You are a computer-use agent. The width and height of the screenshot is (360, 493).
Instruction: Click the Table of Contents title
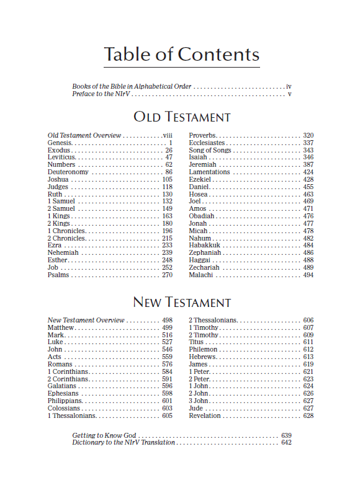click(x=181, y=55)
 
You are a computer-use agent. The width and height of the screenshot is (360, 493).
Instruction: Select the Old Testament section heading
click(x=182, y=117)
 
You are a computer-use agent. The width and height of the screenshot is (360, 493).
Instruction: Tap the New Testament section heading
click(x=182, y=303)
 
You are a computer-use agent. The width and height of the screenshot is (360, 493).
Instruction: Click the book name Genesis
click(x=60, y=143)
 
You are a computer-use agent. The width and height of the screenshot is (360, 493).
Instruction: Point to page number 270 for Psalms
click(x=167, y=275)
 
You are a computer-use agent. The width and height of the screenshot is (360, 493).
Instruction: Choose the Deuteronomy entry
click(x=69, y=172)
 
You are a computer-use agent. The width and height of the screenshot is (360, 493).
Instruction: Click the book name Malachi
click(x=201, y=275)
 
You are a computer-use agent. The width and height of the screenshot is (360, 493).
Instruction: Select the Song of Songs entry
click(x=210, y=151)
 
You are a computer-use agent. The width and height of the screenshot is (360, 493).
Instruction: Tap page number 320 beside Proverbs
click(x=308, y=136)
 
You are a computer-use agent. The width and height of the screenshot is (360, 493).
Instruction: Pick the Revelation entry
click(x=205, y=415)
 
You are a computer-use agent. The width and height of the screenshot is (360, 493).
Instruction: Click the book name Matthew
click(x=61, y=327)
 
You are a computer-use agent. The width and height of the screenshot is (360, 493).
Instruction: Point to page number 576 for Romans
click(x=167, y=365)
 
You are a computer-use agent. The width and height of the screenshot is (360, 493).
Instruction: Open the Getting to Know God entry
click(x=104, y=436)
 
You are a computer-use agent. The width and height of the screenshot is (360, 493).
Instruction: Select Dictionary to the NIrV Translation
click(x=124, y=443)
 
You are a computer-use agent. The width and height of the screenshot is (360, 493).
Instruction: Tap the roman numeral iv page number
click(x=289, y=87)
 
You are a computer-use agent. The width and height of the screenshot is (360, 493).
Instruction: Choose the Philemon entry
click(x=203, y=350)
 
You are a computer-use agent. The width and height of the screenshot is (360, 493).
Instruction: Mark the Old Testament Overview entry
click(x=84, y=136)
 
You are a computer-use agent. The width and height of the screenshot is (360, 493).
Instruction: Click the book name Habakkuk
click(x=205, y=246)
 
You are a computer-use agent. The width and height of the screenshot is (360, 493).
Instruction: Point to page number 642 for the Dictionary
click(x=286, y=443)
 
